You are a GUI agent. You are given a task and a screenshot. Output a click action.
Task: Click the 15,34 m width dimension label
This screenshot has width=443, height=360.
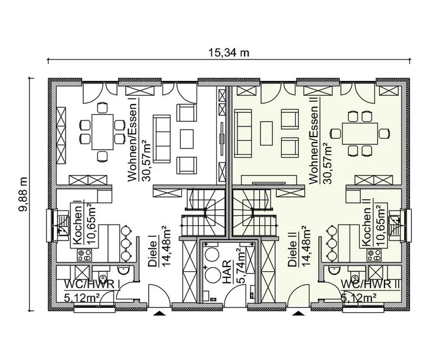click(229, 52)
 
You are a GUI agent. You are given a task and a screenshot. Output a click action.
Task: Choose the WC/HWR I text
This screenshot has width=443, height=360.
click(92, 286)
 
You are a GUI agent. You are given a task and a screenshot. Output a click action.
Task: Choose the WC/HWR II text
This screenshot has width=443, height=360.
click(371, 286)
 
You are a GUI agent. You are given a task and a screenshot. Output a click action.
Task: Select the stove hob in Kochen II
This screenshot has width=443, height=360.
click(374, 255)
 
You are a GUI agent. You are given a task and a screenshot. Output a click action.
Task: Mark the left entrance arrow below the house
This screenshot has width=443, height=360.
click(158, 314)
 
